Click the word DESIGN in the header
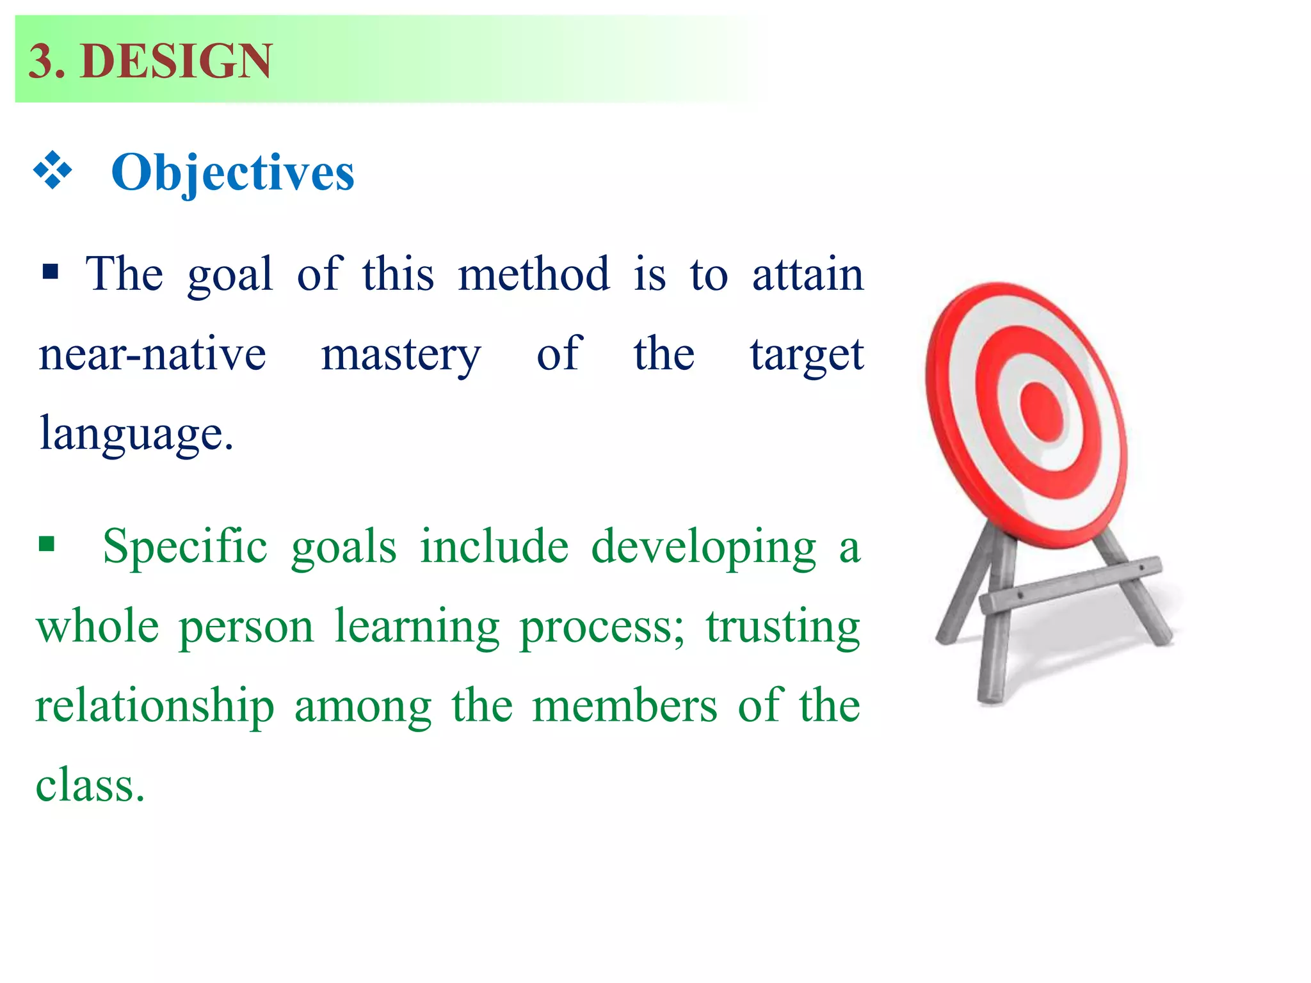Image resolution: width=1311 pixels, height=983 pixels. [x=177, y=61]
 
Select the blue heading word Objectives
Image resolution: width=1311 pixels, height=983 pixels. [x=232, y=172]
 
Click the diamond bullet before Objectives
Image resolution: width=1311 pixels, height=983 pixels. [x=52, y=170]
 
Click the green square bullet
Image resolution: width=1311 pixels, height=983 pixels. [x=46, y=545]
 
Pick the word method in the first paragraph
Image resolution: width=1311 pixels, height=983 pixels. [x=533, y=274]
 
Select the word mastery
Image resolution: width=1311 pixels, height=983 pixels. [x=401, y=355]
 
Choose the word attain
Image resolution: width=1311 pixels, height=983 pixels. [x=808, y=274]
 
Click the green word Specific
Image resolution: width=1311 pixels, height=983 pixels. [x=185, y=547]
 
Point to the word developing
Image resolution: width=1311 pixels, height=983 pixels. [x=704, y=548]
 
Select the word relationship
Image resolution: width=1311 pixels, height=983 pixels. [x=155, y=707]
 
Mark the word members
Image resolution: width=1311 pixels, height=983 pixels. [x=624, y=706]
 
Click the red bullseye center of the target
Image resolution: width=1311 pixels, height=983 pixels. [x=1042, y=412]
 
